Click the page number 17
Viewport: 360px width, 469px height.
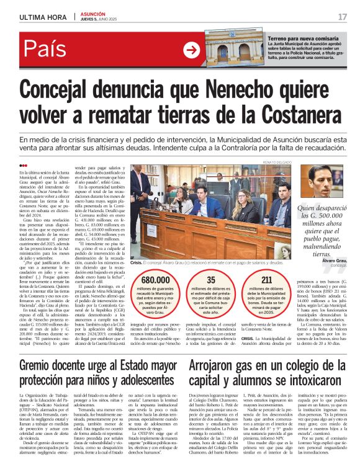pyautogui.click(x=342, y=16)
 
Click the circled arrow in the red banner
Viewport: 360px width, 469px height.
pyautogui.click(x=192, y=51)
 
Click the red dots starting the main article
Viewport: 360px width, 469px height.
pyautogui.click(x=24, y=165)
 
